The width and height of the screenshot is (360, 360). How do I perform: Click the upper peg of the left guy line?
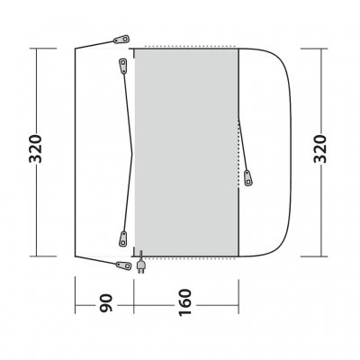(121, 63)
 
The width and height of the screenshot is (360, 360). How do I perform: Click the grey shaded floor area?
(185, 153)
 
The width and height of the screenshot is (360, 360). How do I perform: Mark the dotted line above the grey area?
(186, 46)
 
